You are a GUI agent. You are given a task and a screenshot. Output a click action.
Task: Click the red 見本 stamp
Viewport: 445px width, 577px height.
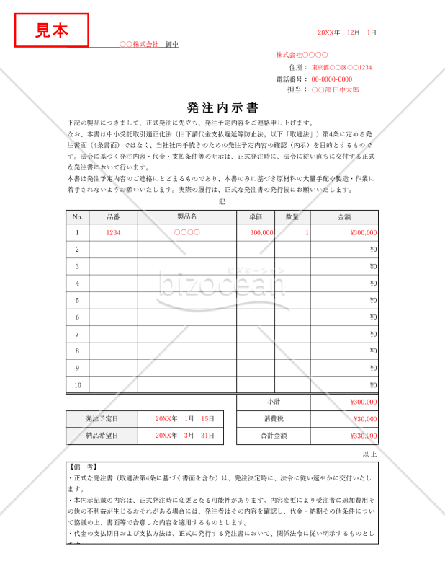(52, 30)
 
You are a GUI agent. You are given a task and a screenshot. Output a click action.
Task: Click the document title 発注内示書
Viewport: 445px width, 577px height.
(223, 108)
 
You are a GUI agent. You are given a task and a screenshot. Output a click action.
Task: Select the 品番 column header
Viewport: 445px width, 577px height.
(113, 216)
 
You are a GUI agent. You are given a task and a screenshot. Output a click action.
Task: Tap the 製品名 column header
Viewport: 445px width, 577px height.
(187, 216)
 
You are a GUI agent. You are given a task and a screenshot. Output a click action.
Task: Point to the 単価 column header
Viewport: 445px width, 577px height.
(256, 216)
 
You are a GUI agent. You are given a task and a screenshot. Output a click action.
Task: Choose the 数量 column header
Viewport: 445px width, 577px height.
(292, 216)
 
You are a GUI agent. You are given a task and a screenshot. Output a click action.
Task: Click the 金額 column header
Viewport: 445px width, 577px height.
(344, 216)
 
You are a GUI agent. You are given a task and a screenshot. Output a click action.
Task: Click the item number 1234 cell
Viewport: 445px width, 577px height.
(113, 233)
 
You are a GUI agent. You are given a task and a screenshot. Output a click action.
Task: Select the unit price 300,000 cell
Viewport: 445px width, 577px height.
(261, 233)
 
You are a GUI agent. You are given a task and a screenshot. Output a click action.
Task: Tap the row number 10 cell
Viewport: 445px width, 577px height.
(78, 385)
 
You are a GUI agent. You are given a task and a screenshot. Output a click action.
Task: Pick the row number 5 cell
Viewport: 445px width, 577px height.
(78, 300)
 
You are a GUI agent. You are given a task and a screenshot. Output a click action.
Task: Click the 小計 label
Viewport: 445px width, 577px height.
(274, 402)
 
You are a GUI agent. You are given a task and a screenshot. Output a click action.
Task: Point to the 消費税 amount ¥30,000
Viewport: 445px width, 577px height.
(364, 418)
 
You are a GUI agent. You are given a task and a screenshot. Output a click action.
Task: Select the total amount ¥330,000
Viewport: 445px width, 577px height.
(363, 436)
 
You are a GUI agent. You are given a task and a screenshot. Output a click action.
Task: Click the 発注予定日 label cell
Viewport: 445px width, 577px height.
(102, 418)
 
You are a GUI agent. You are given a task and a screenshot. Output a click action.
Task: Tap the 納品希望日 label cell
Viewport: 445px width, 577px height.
(102, 436)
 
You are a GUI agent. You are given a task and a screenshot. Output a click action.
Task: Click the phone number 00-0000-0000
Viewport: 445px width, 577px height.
(332, 79)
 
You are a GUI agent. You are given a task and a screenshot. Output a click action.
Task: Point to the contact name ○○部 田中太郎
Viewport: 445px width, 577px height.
(335, 89)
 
